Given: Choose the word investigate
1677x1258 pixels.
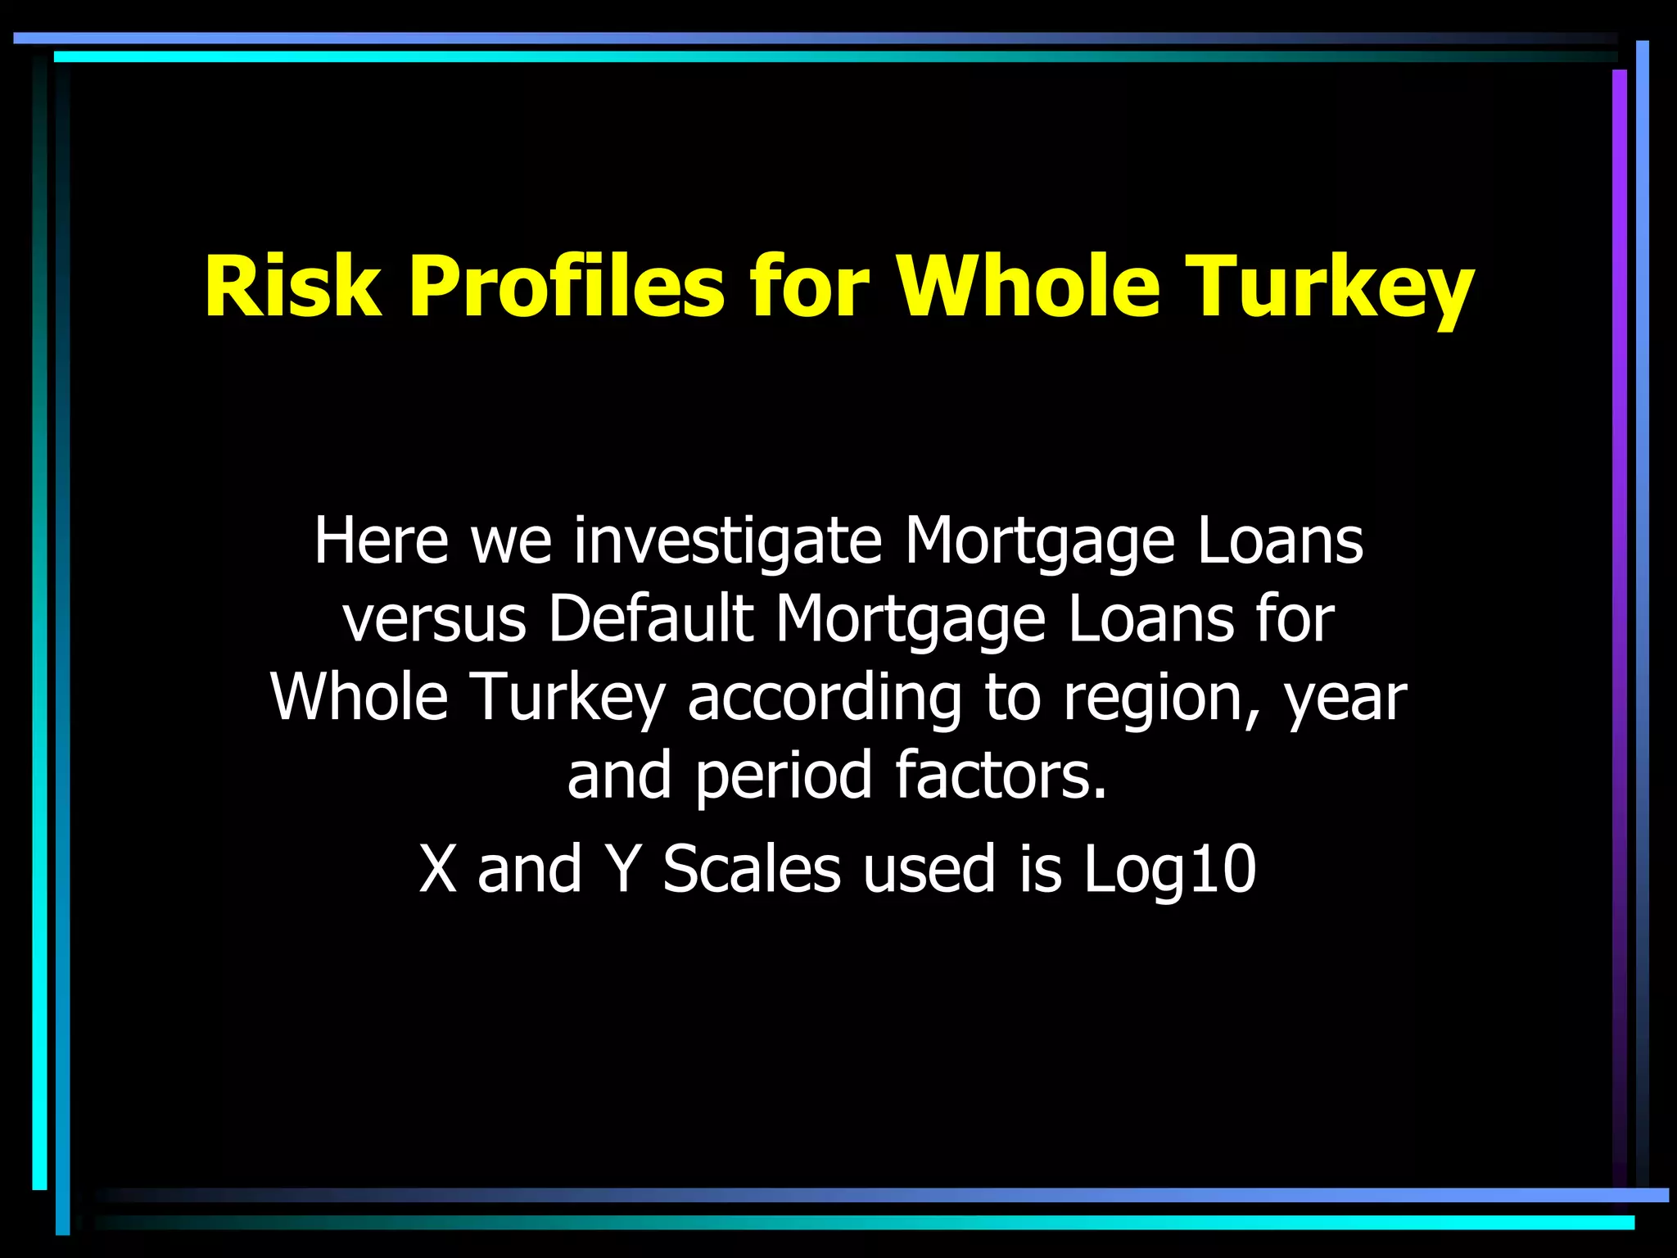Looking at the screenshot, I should click(x=727, y=542).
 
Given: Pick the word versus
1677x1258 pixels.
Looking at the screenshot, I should click(x=435, y=619).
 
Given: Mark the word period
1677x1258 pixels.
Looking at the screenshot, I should click(x=784, y=776).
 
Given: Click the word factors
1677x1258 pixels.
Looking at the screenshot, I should click(x=1001, y=775).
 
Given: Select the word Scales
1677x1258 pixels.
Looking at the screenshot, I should click(x=751, y=869).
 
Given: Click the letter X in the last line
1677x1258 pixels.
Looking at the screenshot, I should click(x=437, y=869).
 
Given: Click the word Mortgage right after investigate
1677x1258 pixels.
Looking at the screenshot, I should click(x=1039, y=542).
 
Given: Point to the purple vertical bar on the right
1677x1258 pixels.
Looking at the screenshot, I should click(x=1619, y=573).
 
